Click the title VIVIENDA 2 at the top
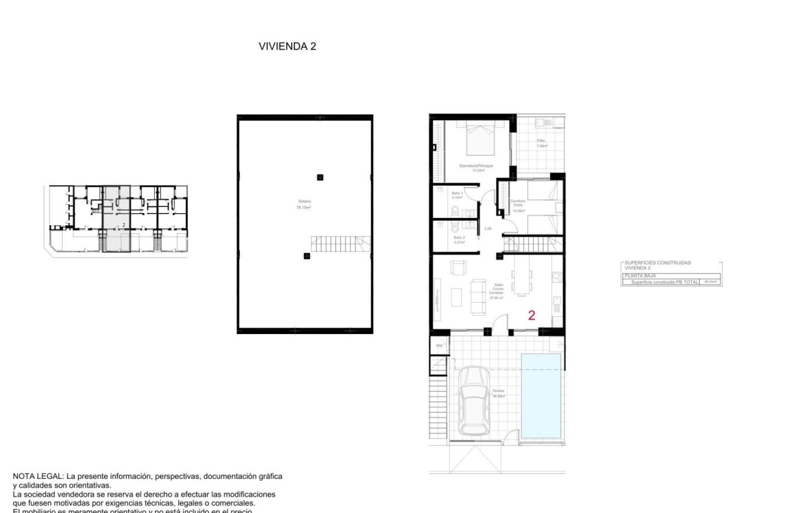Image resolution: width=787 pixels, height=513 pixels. click(x=287, y=46)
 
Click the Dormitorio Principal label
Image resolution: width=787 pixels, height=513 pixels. click(x=476, y=166)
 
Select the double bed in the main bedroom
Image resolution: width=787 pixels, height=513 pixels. click(x=480, y=139)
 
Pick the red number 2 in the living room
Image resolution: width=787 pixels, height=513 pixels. click(x=531, y=316)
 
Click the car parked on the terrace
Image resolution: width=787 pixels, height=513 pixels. click(x=474, y=400)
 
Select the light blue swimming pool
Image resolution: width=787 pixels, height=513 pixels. click(x=541, y=395)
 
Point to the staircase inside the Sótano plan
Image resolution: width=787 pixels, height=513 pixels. click(x=340, y=244)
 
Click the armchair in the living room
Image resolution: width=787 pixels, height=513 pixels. click(x=458, y=267)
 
